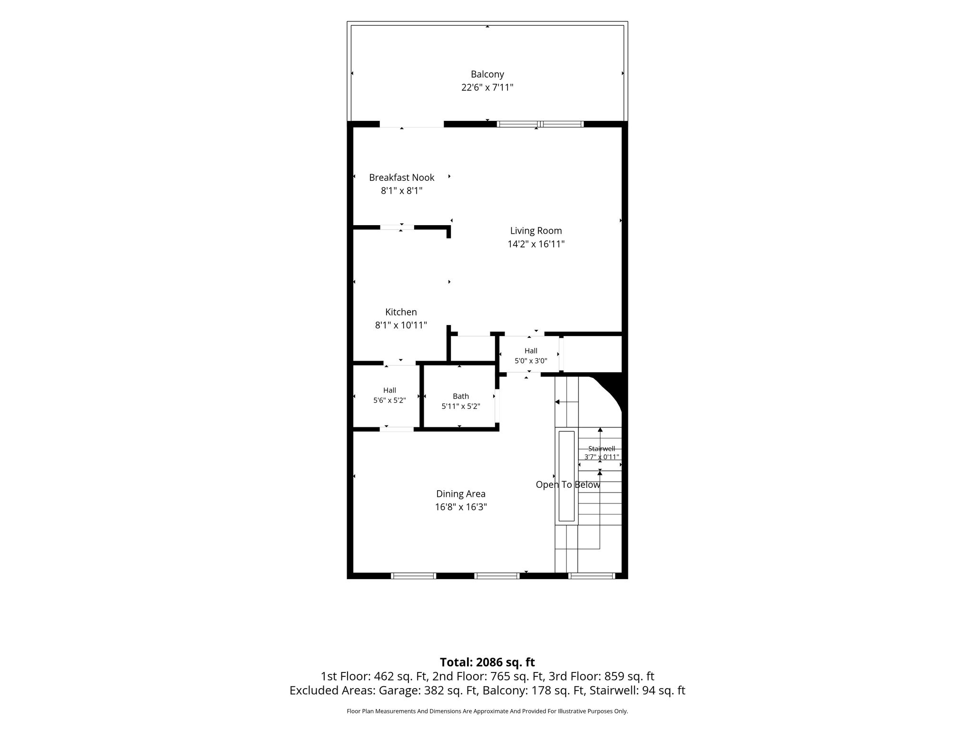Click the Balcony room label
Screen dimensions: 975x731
point(487,74)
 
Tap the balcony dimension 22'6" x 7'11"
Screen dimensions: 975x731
point(487,88)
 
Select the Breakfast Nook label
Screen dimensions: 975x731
point(401,178)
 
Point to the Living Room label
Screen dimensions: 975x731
point(536,231)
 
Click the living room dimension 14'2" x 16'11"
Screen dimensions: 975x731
point(536,244)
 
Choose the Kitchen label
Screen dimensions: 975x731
point(401,312)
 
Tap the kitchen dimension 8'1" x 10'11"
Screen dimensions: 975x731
point(401,326)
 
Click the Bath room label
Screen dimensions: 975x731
point(461,396)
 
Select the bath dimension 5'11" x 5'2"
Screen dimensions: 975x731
point(461,406)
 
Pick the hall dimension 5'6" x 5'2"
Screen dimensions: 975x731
point(389,400)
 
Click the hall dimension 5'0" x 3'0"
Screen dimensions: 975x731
point(531,361)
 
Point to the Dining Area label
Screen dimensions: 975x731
point(461,494)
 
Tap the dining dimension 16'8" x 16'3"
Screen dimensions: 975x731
point(461,507)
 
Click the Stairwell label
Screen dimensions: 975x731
point(602,448)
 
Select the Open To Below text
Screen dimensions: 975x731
point(568,484)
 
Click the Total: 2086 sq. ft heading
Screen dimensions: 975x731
point(487,662)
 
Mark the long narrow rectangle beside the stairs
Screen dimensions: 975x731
point(567,476)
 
